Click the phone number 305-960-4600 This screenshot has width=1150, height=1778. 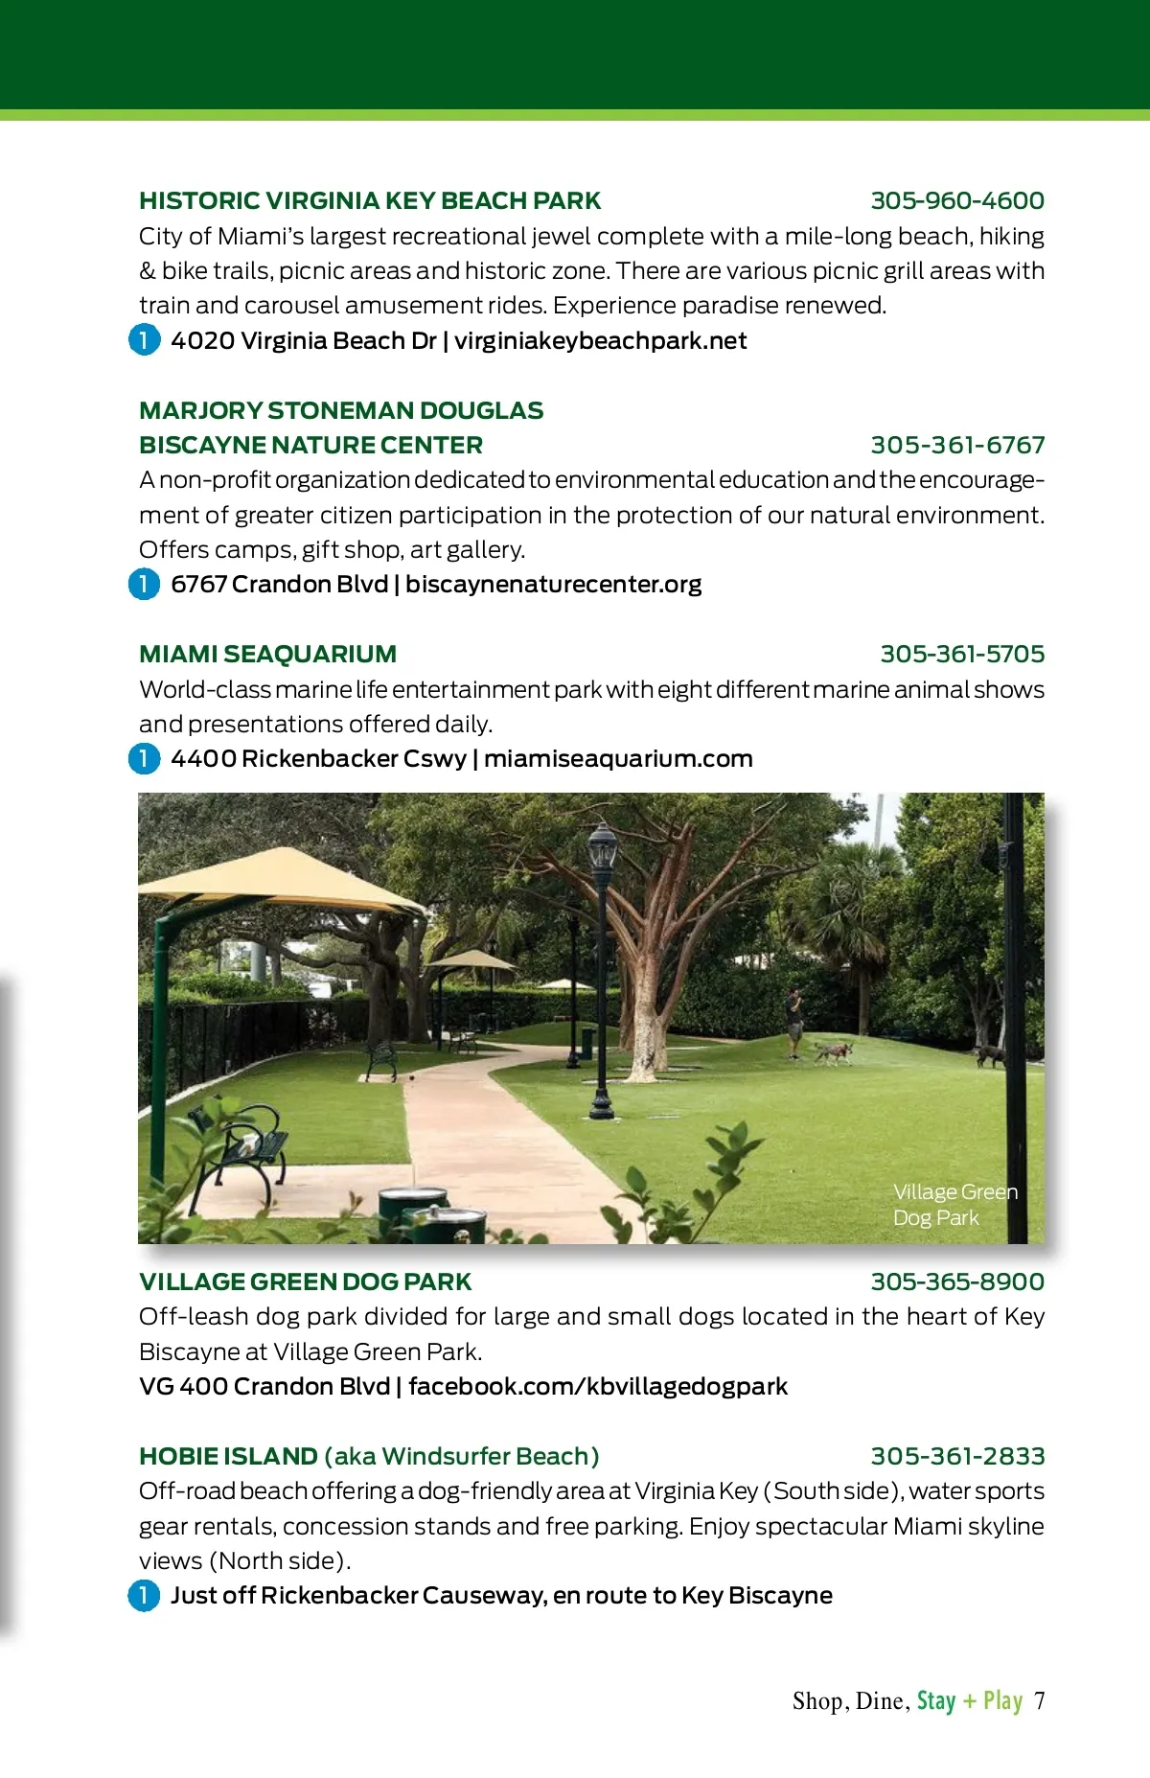(956, 201)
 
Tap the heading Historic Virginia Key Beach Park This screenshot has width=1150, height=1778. (370, 201)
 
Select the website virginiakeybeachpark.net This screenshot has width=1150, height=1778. (601, 341)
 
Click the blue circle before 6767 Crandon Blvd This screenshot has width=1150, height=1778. (145, 584)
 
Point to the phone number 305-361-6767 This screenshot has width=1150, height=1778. (956, 446)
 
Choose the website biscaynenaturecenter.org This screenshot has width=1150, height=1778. (553, 585)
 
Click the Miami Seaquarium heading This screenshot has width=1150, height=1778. (267, 655)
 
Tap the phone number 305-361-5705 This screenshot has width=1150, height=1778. (962, 655)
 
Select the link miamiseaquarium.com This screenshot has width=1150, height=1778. (618, 759)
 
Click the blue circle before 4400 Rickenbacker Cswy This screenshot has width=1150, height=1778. (145, 759)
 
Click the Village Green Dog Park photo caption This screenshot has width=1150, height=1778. (954, 1205)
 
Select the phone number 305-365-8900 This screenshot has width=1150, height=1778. (956, 1282)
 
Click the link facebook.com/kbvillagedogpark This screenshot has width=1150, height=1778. (598, 1387)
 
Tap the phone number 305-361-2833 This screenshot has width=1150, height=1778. (956, 1457)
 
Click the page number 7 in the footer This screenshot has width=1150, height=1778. (1039, 1701)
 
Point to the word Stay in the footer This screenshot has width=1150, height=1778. (936, 1701)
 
